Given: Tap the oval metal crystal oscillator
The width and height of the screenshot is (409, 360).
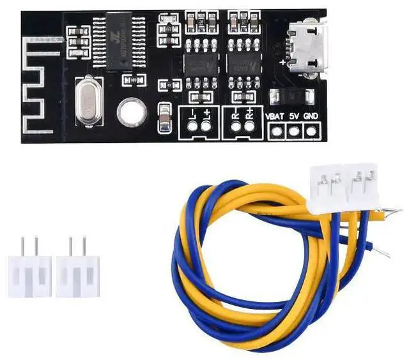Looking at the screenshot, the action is pos(89,100).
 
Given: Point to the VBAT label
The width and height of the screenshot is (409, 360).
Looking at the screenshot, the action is pos(274,117).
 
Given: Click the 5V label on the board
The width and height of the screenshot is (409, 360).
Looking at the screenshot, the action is pos(294,117).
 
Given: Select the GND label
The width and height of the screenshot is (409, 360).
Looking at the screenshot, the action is pos(311,117).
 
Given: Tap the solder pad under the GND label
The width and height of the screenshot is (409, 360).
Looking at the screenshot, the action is pos(311,131).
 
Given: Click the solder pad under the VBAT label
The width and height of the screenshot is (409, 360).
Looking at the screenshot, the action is pos(276,131).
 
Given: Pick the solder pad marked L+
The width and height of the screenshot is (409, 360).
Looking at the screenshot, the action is pos(206,126).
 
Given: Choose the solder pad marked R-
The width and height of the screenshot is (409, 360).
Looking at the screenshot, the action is pos(236,126).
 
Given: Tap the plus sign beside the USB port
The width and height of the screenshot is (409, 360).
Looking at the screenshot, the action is pos(283,63).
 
